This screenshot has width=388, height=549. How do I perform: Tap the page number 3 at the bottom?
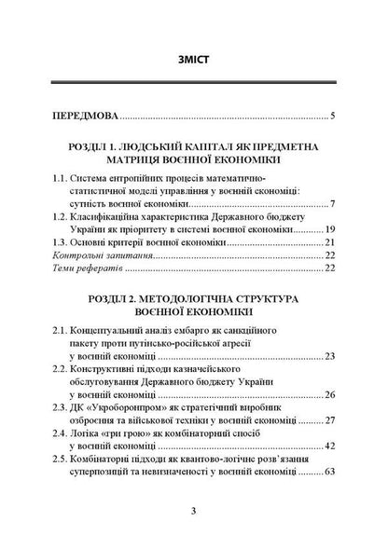pos(193,511)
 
